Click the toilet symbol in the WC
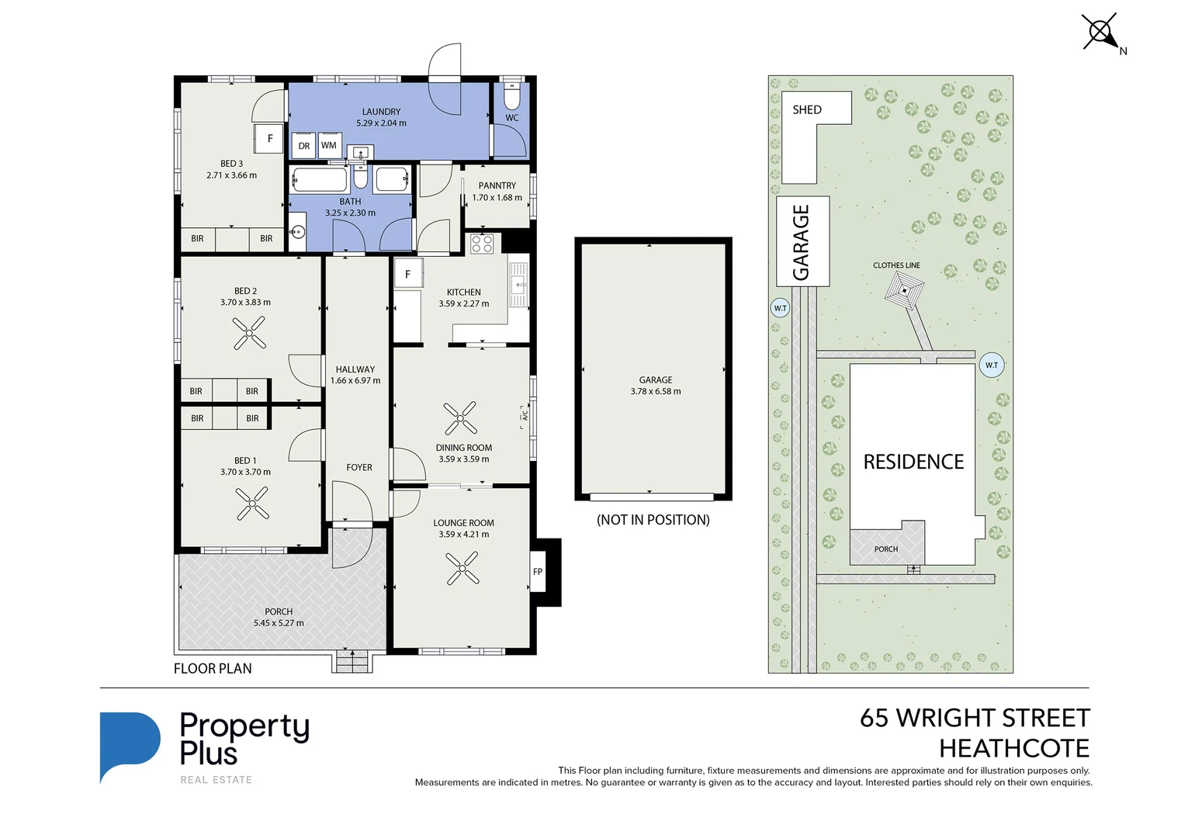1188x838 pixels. click(x=511, y=96)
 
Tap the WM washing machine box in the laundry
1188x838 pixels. click(x=329, y=145)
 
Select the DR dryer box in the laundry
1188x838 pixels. click(x=304, y=146)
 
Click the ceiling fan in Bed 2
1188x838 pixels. click(x=249, y=334)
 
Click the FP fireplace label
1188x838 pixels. click(x=538, y=572)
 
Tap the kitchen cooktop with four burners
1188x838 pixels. click(x=482, y=244)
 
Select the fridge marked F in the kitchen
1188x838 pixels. click(x=407, y=274)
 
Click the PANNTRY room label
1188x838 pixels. click(x=497, y=185)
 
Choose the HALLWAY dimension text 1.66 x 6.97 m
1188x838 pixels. click(x=355, y=381)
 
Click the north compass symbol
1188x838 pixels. click(x=1100, y=33)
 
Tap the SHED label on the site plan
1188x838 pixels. click(x=806, y=109)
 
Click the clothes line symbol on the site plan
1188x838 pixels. click(x=904, y=291)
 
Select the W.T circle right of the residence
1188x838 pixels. click(x=991, y=365)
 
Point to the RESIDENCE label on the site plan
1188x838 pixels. click(x=913, y=462)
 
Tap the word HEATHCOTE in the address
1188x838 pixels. click(x=1013, y=748)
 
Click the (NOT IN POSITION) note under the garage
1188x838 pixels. click(x=653, y=520)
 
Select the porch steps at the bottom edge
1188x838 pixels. click(x=353, y=662)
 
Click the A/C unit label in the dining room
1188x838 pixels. click(x=525, y=417)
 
